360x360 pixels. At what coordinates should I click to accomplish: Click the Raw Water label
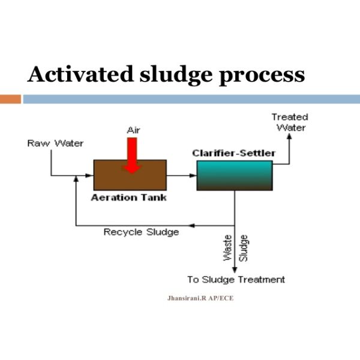55,143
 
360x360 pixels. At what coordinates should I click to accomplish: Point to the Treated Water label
290,122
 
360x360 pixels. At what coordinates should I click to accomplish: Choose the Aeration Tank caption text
128,197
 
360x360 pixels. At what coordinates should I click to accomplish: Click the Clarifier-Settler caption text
234,153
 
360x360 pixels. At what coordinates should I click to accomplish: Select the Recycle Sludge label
142,232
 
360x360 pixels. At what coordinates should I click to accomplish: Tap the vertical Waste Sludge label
236,248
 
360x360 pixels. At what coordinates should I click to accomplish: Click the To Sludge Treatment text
236,280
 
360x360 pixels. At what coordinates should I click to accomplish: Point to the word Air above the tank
133,130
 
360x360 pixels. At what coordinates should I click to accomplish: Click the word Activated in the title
81,75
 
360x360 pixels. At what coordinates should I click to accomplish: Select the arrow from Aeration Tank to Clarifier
181,176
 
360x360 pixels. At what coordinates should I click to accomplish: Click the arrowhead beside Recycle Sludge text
190,226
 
